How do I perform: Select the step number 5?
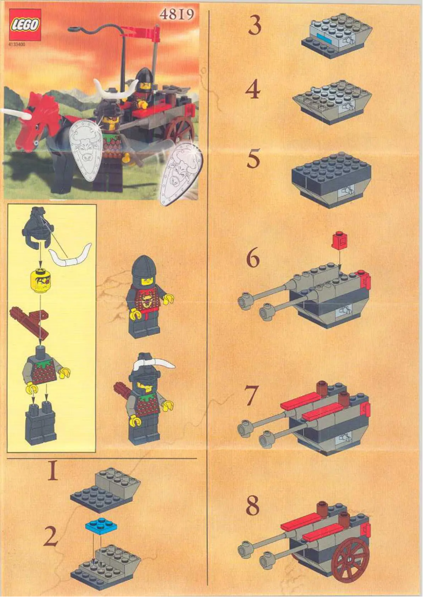coord(254,160)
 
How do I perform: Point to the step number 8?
coord(253,506)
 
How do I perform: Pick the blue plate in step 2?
coord(100,525)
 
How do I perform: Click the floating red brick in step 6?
coord(338,241)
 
